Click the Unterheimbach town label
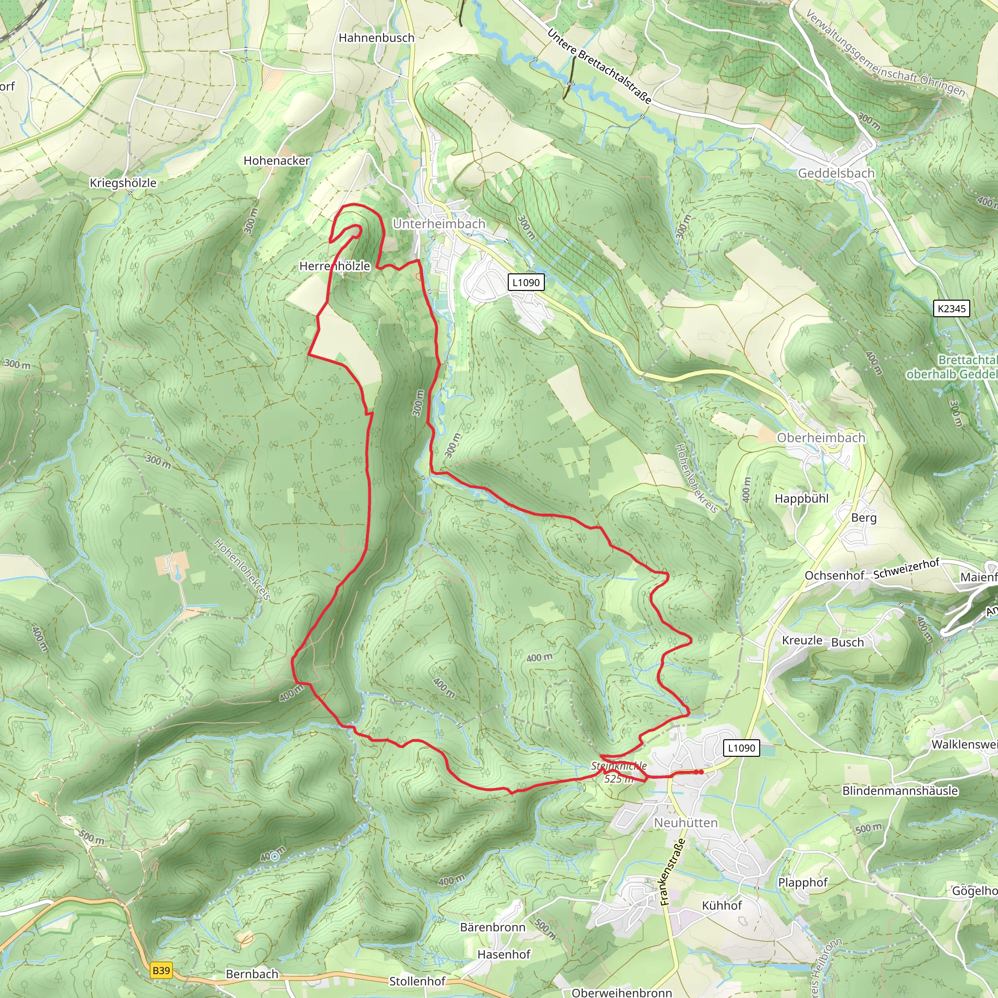pos(439,224)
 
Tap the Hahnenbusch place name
pos(376,38)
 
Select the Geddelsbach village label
pos(836,173)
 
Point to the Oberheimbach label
pos(821,438)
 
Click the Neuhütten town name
pos(686,823)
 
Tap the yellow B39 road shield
pos(161,970)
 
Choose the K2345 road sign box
pos(952,308)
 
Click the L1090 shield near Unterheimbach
pos(526,282)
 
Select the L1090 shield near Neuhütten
pos(741,748)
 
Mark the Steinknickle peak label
pos(618,766)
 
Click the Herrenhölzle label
pos(335,266)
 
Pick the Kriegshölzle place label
pos(123,183)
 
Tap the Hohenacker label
pos(276,161)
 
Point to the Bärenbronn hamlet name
pos(492,927)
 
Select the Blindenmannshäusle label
pos(900,790)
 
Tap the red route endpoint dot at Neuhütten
pos(699,772)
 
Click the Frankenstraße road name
pos(672,871)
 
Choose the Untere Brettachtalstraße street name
pos(599,66)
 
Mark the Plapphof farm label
pos(803,883)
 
